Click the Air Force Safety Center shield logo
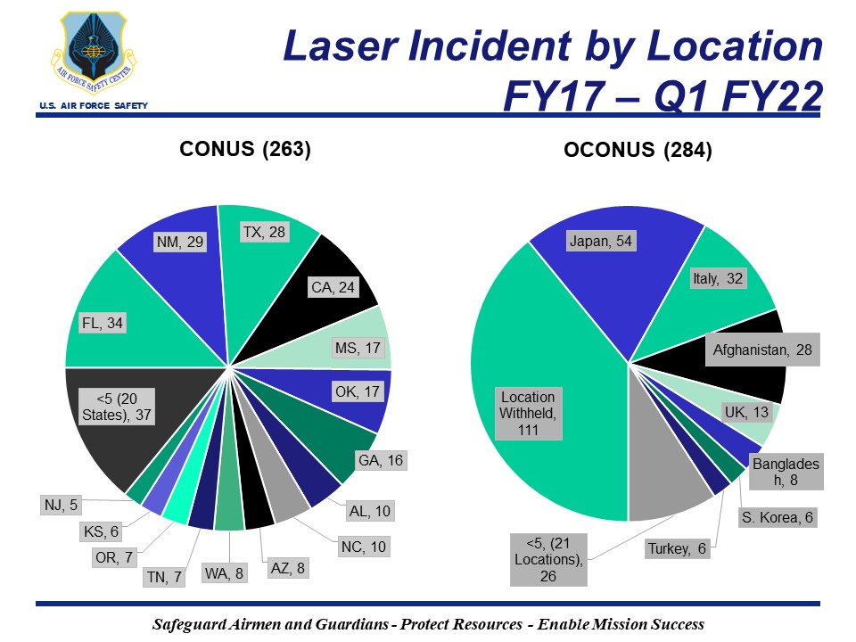pos(93,52)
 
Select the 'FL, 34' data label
pos(101,323)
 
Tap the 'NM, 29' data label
pos(179,242)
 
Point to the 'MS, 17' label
pos(355,347)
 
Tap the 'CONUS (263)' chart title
pos(245,149)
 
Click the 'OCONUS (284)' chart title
pos(638,151)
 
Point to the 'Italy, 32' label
pos(718,278)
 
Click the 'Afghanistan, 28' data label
pos(761,350)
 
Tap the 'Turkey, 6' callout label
pos(677,549)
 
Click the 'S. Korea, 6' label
pos(777,518)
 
